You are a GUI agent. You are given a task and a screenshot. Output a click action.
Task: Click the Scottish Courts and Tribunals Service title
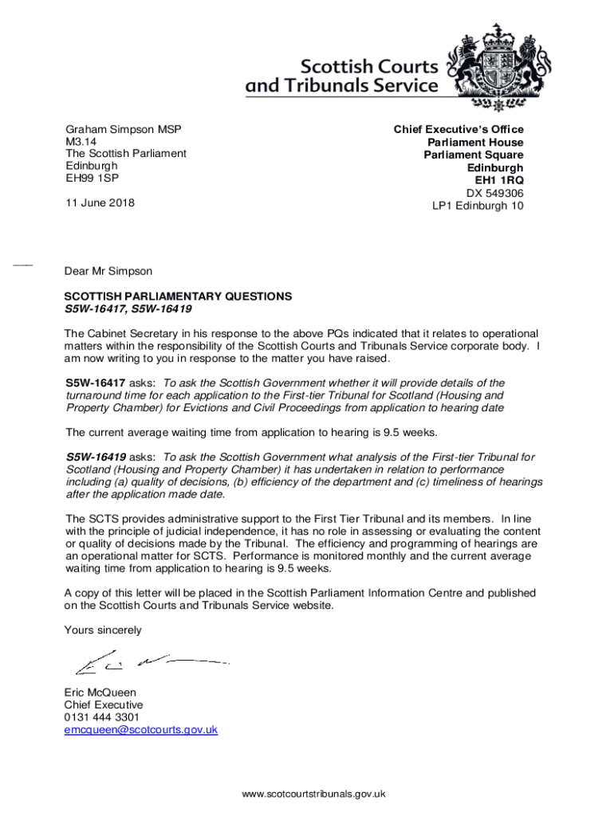(x=342, y=76)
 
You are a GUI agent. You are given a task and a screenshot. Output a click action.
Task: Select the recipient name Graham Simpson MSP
(x=123, y=129)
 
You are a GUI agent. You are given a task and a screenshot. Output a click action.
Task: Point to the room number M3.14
(x=81, y=141)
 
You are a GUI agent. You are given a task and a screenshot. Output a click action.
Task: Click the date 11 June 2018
(x=100, y=202)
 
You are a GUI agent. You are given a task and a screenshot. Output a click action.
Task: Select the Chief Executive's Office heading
(x=459, y=129)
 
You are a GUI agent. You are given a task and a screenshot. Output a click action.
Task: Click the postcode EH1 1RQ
(x=499, y=180)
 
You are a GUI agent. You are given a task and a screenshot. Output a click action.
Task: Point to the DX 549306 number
(x=494, y=193)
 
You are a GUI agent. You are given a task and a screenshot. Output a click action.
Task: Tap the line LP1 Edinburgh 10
(x=478, y=206)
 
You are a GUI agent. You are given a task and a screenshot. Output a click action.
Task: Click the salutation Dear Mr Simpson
(x=108, y=271)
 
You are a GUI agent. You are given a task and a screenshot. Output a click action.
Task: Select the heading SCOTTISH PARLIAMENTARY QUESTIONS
(x=178, y=296)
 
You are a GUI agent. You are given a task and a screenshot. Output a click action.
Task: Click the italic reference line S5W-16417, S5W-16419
(x=128, y=308)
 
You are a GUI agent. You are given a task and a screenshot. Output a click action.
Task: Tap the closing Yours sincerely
(x=103, y=630)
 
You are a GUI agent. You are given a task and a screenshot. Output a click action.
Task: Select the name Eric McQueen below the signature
(x=100, y=692)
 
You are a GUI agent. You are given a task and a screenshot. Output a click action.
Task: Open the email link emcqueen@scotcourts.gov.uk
(x=140, y=729)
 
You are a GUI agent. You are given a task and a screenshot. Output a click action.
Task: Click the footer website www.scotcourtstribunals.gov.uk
(x=314, y=794)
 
